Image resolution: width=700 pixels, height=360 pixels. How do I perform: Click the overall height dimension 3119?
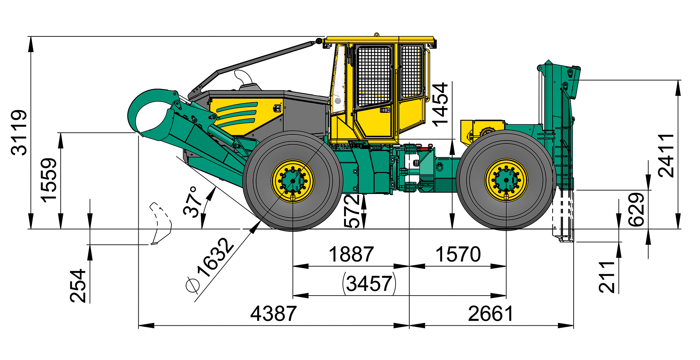click(19, 132)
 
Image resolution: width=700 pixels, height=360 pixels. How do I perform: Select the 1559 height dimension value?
click(49, 180)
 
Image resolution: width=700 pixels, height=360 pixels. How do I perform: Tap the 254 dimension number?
click(78, 286)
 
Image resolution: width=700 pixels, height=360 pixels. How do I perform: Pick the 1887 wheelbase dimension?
click(351, 254)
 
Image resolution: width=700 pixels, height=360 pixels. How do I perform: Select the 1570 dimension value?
click(458, 254)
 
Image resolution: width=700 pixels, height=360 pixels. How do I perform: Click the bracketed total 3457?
click(369, 283)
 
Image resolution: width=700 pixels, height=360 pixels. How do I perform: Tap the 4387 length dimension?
click(273, 313)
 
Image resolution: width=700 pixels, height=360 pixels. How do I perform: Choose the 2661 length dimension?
click(491, 313)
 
